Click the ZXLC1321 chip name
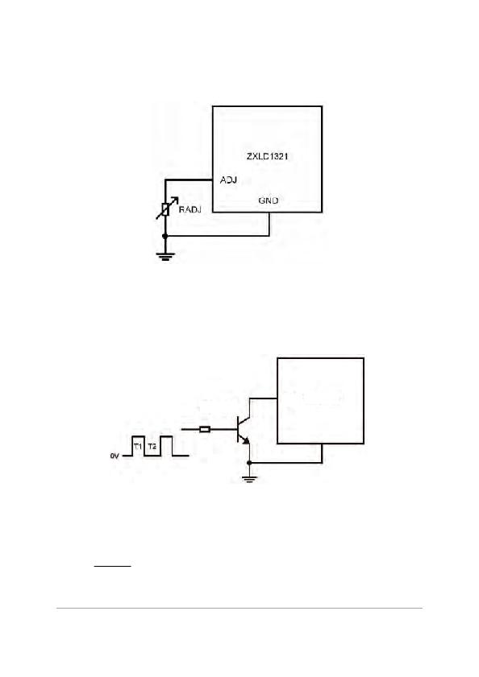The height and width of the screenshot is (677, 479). (x=267, y=156)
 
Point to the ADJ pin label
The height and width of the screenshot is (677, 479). (x=228, y=180)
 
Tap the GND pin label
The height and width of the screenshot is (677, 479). (x=269, y=200)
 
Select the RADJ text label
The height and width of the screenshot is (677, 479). (x=190, y=210)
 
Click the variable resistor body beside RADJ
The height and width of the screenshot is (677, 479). (x=165, y=209)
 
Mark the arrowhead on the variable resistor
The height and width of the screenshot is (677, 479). (x=174, y=200)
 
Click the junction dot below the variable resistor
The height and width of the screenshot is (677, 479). (x=165, y=236)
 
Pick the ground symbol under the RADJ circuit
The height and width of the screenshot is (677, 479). (x=165, y=258)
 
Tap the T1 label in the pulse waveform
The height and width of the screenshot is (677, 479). (x=138, y=447)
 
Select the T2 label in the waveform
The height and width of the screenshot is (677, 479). (x=152, y=447)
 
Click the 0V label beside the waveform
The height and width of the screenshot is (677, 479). (x=115, y=456)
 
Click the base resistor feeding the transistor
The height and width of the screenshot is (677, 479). (x=205, y=429)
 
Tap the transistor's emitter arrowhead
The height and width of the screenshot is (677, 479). (x=246, y=440)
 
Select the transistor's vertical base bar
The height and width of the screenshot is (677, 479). (x=239, y=429)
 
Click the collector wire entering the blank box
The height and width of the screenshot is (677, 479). (x=263, y=398)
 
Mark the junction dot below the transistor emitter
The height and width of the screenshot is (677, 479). (x=249, y=463)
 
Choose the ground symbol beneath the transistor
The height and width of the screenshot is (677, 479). (x=249, y=478)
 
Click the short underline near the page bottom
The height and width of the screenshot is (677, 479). (x=113, y=565)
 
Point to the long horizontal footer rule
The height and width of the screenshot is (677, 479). (x=240, y=608)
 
